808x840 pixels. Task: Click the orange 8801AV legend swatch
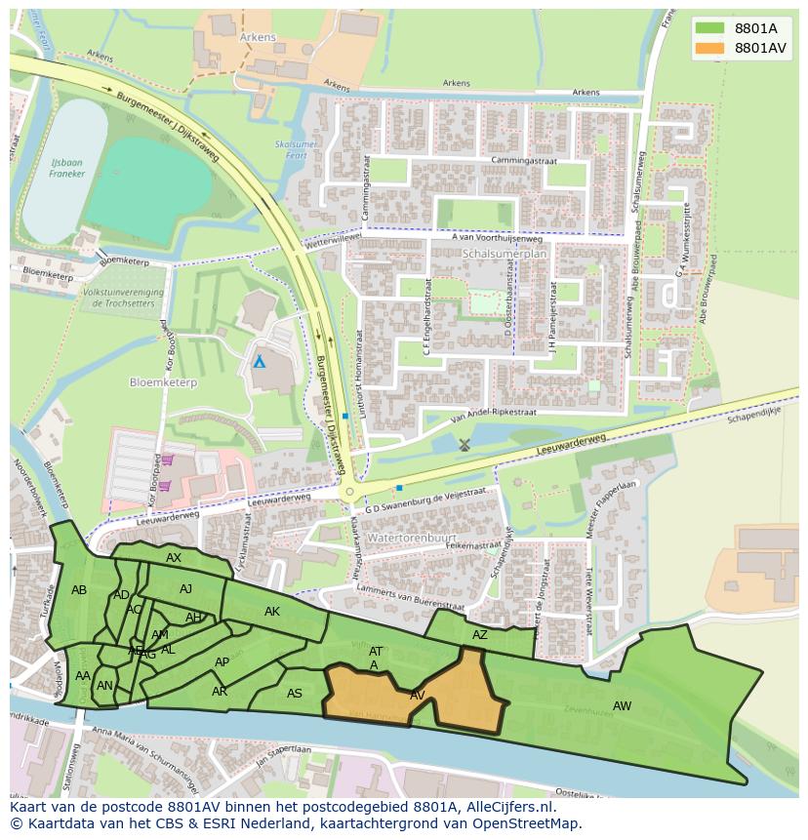click(709, 48)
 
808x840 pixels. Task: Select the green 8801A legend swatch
click(709, 28)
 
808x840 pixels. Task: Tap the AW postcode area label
click(622, 705)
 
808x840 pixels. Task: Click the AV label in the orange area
click(418, 696)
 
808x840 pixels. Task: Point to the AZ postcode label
click(479, 635)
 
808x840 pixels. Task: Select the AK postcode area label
click(272, 612)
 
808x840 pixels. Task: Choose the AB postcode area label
click(79, 590)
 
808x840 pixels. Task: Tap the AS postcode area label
click(295, 694)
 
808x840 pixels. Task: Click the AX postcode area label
click(174, 558)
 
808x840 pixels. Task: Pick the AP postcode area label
click(222, 662)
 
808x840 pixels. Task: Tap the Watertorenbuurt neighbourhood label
click(406, 538)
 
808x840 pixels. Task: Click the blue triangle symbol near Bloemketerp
click(260, 362)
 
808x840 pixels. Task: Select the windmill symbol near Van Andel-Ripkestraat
click(465, 444)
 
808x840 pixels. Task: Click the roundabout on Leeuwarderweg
click(350, 492)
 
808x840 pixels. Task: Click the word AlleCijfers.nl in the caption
click(507, 808)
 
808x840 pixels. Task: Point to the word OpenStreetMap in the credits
click(526, 823)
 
